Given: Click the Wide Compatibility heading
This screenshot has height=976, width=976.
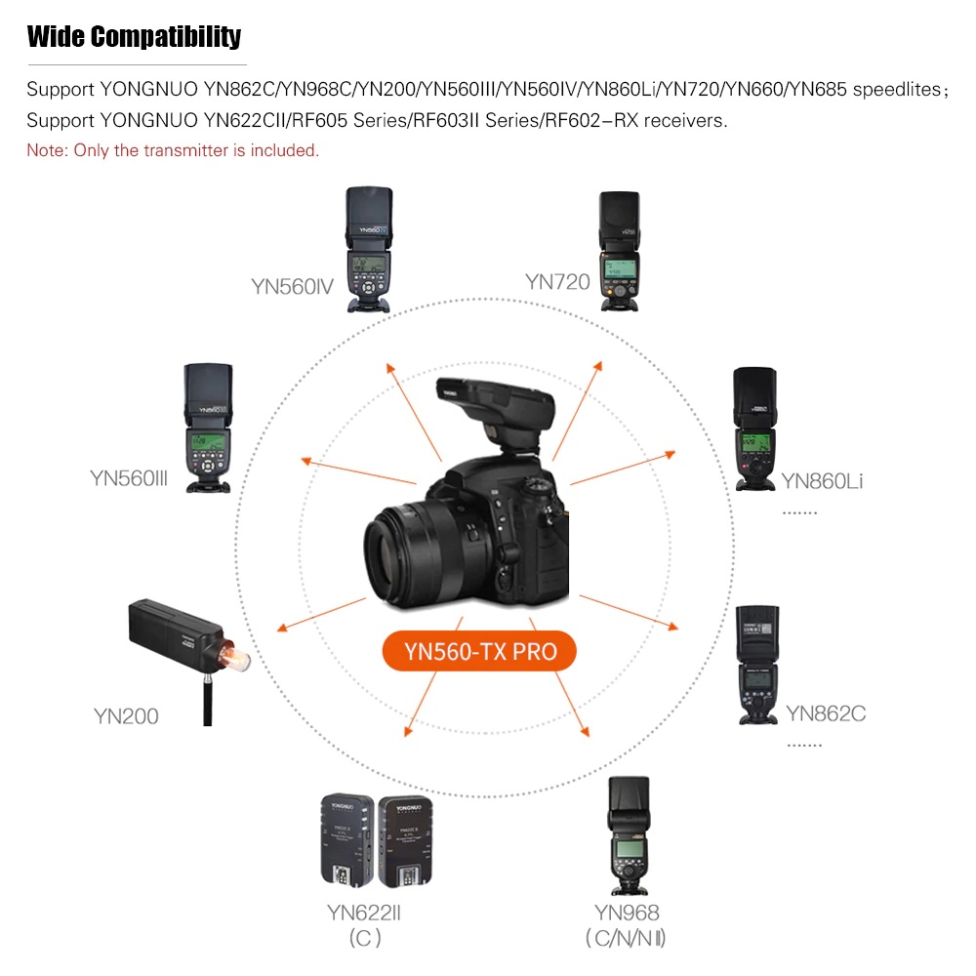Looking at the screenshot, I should coord(134,38).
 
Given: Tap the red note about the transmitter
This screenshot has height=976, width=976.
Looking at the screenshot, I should coord(173,150).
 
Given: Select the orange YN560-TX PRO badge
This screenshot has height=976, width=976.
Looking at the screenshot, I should coord(478,651).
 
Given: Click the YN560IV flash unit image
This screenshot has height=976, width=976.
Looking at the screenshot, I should coord(368,250).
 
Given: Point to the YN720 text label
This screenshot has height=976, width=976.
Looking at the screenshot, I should coord(557,282).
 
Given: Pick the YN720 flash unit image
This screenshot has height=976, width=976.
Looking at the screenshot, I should coord(619,251).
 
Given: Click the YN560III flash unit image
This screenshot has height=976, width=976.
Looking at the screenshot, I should coord(207,427).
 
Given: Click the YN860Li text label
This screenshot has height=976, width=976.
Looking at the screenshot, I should coord(822,480).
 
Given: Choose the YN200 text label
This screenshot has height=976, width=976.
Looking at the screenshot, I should coord(126,716).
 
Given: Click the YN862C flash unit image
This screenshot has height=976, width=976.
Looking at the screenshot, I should coord(758,664).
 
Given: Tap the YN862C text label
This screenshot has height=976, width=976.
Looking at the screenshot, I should coord(826,713).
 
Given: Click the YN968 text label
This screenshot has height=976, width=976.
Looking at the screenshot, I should coord(627,914).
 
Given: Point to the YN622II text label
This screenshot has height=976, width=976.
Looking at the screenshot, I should coord(364,914).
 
